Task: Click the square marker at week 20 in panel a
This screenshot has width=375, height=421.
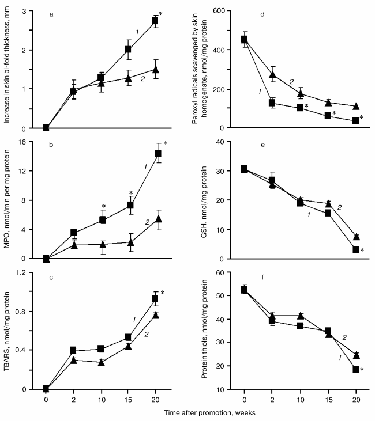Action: click(155, 21)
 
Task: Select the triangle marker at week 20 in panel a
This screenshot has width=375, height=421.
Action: click(155, 69)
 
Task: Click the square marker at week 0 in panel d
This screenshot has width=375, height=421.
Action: click(244, 40)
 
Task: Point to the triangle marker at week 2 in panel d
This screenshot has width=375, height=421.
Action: click(272, 74)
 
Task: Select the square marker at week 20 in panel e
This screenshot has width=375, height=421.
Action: click(356, 249)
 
